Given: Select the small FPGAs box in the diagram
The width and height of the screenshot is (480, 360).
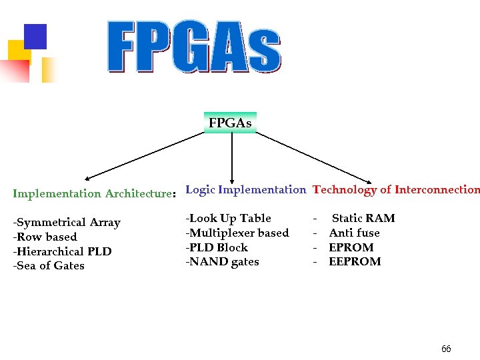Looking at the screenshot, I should pyautogui.click(x=230, y=123).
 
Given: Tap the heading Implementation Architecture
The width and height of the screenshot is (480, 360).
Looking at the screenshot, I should pyautogui.click(x=93, y=194).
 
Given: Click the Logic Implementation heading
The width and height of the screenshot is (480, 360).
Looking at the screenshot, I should pyautogui.click(x=245, y=189).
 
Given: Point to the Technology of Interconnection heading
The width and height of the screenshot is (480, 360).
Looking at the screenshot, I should pyautogui.click(x=395, y=189).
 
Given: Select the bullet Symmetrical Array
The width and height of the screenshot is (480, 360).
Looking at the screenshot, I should pyautogui.click(x=67, y=223).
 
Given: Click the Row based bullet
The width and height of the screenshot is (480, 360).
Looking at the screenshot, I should pyautogui.click(x=45, y=237).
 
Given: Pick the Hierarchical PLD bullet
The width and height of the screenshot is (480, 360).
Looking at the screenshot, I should pyautogui.click(x=63, y=251).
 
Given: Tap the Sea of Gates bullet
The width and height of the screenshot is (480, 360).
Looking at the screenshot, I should pyautogui.click(x=49, y=265).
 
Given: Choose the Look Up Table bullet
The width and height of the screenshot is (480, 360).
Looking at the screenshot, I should pyautogui.click(x=229, y=218).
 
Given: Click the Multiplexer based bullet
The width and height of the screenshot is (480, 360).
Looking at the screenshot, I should pyautogui.click(x=237, y=233).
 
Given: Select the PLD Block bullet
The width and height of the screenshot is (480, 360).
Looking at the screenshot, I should pyautogui.click(x=217, y=247).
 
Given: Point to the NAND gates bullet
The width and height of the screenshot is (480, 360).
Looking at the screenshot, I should pyautogui.click(x=222, y=261).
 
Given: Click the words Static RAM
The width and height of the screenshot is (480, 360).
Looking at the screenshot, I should pyautogui.click(x=363, y=218).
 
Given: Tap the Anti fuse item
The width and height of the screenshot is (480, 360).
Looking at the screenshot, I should pyautogui.click(x=354, y=233).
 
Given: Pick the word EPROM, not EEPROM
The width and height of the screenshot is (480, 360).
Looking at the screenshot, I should pyautogui.click(x=351, y=247).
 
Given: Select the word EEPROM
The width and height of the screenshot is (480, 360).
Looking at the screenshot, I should pyautogui.click(x=355, y=261).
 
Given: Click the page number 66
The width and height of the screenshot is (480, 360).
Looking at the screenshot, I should pyautogui.click(x=446, y=349).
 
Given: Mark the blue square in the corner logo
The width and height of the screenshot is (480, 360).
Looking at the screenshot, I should pyautogui.click(x=35, y=37).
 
